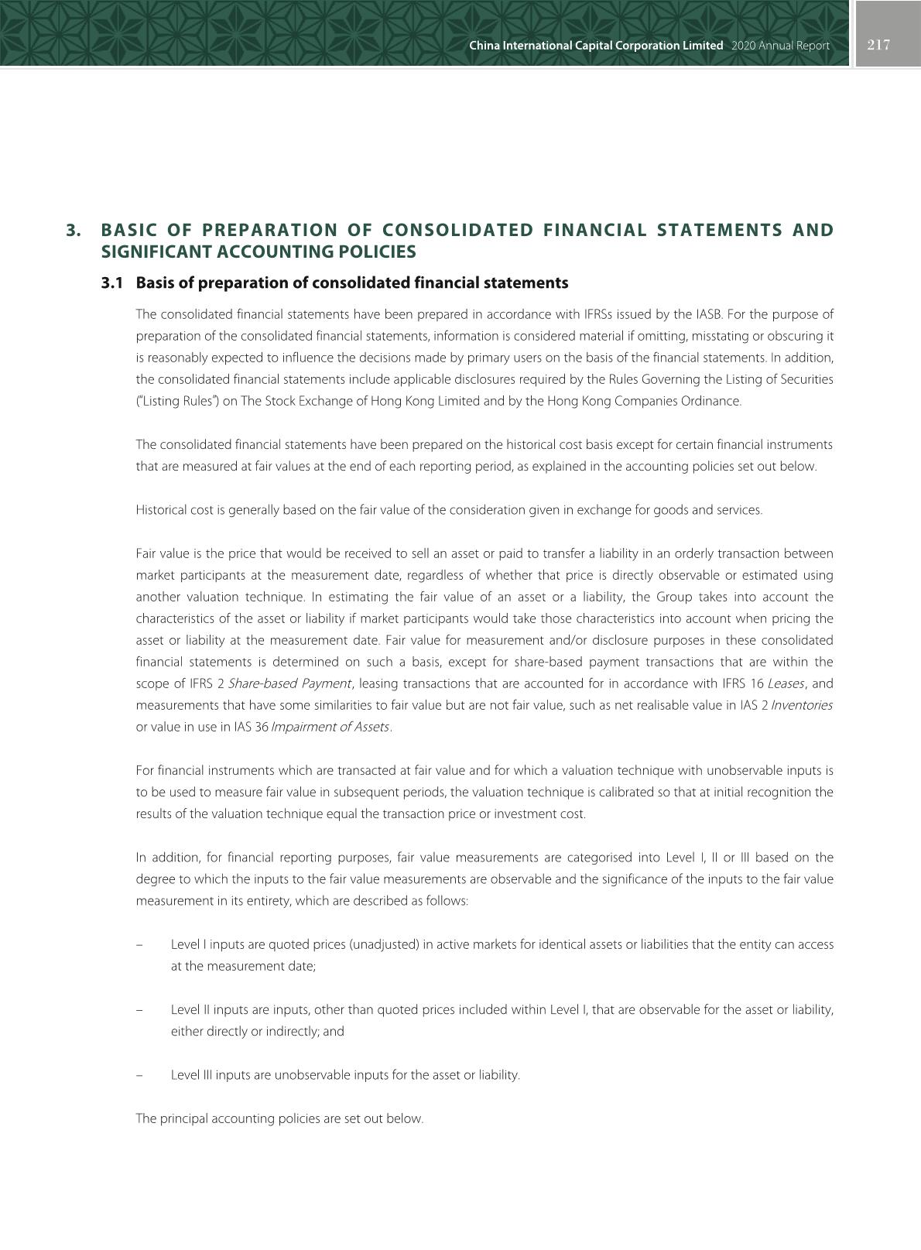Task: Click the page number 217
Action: [878, 45]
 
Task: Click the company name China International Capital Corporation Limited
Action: [596, 46]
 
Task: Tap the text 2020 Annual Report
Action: [779, 46]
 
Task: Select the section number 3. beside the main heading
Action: [74, 230]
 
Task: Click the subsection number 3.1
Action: [112, 283]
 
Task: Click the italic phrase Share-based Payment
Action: [289, 683]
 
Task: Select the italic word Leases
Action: [786, 683]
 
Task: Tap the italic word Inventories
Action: [802, 705]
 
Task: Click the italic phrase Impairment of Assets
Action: [330, 727]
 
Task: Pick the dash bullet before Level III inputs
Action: [139, 1075]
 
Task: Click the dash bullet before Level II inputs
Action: [139, 1010]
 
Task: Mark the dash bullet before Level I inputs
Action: [139, 945]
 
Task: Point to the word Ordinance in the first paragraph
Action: [714, 401]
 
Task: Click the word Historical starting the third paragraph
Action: [162, 510]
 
